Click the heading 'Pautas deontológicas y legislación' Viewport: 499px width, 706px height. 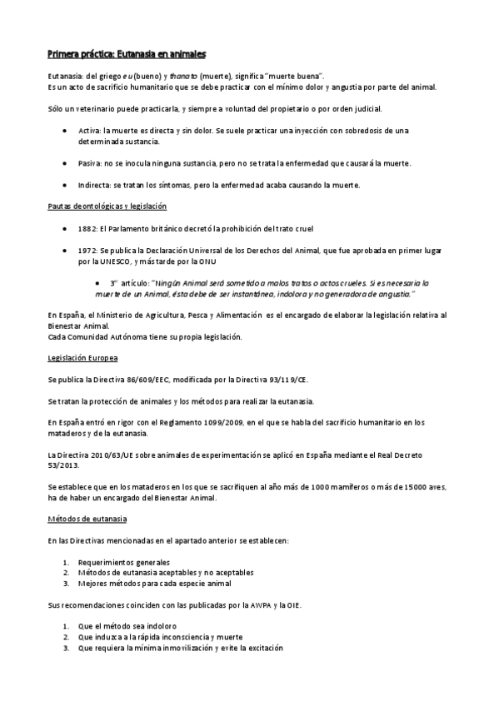point(107,206)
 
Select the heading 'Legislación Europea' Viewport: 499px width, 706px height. point(82,358)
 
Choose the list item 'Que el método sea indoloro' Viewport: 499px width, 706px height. point(127,626)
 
